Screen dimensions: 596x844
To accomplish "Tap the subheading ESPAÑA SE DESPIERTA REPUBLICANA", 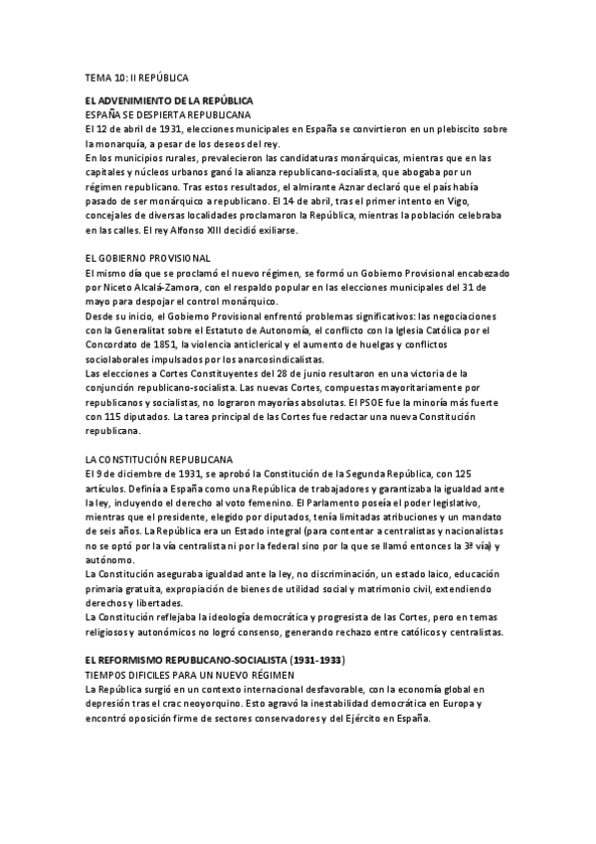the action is pyautogui.click(x=167, y=115).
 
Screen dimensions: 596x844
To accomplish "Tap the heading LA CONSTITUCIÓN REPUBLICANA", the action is pyautogui.click(x=159, y=459).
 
